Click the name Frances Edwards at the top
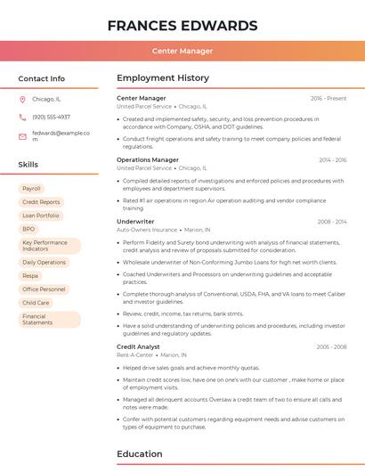click(182, 25)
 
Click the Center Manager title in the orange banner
click(182, 52)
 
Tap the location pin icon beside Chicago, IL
click(22, 99)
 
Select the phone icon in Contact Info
click(22, 117)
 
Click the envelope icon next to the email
click(22, 135)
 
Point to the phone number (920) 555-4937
click(51, 117)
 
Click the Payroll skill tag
click(32, 189)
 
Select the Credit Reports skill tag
click(41, 202)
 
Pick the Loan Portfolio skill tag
click(41, 216)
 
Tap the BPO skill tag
click(28, 229)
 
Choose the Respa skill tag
click(31, 276)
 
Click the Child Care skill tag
click(36, 303)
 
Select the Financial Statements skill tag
click(38, 319)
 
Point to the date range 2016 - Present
click(328, 98)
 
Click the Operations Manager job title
click(148, 159)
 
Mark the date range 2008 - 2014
click(332, 221)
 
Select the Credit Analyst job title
click(138, 346)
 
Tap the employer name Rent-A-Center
click(134, 354)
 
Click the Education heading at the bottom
click(139, 454)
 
